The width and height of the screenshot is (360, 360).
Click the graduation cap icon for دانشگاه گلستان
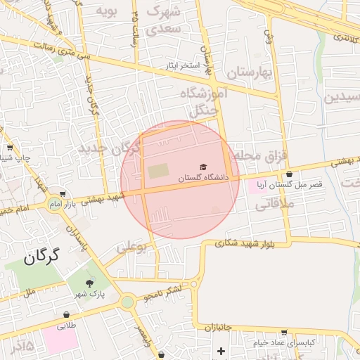coord(204,167)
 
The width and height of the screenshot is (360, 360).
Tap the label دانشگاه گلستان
coord(203,179)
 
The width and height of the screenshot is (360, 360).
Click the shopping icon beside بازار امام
coord(63,193)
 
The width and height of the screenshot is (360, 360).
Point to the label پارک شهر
coord(87,295)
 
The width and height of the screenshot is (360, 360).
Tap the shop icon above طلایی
coord(66,315)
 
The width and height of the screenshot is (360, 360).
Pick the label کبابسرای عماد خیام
coord(288,342)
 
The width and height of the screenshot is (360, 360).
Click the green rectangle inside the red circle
coord(158,171)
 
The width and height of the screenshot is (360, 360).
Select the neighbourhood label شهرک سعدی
coord(165,20)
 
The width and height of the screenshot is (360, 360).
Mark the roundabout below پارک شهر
coord(127,302)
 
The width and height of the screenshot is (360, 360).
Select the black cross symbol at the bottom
coord(221,350)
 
